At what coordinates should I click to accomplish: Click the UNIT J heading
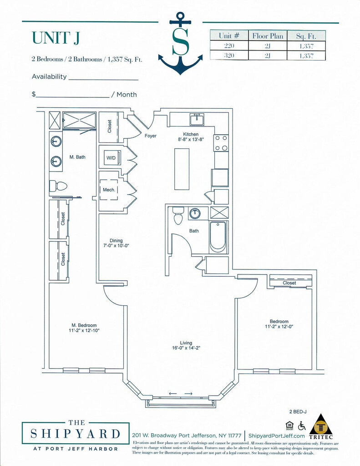(x=56, y=38)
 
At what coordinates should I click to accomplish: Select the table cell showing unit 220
(x=229, y=46)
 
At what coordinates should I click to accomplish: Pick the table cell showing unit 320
(x=229, y=56)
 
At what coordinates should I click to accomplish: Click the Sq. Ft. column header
(x=306, y=35)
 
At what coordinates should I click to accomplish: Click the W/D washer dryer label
(x=111, y=158)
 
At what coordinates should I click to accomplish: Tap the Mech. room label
(x=109, y=190)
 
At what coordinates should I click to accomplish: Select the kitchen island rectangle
(x=182, y=169)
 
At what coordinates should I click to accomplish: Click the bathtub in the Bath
(x=218, y=236)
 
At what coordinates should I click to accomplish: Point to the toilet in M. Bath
(x=58, y=186)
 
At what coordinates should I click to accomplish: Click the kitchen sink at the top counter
(x=197, y=119)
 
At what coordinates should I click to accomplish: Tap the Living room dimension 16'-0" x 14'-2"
(x=186, y=349)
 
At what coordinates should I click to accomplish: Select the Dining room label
(x=116, y=241)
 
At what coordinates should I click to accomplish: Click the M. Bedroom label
(x=84, y=325)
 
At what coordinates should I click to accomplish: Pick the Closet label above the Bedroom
(x=289, y=283)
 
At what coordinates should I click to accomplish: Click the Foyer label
(x=150, y=136)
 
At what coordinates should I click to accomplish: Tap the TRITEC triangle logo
(x=321, y=424)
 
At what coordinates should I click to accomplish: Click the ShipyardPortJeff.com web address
(x=276, y=436)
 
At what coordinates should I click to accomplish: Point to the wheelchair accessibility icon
(x=301, y=426)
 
